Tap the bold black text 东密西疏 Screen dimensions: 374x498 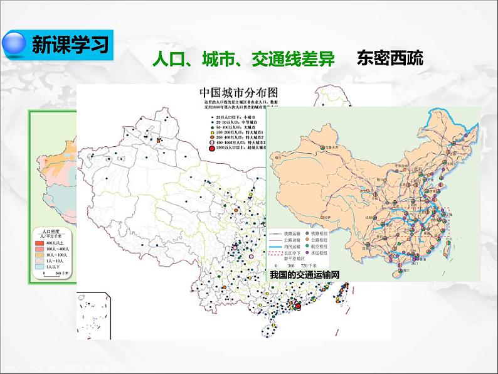click(389, 59)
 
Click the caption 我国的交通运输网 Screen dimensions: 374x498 click(304, 275)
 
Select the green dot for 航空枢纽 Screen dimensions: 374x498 click(308, 246)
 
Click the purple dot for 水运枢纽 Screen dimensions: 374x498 click(308, 254)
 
